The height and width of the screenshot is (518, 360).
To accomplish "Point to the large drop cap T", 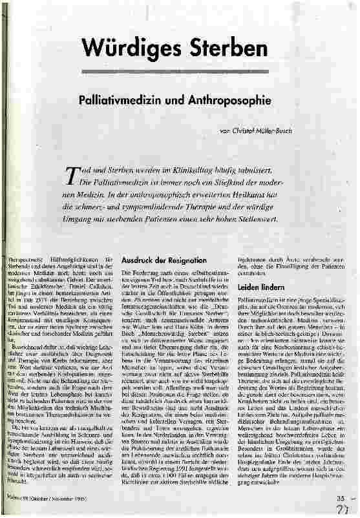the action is click(x=72, y=174).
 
